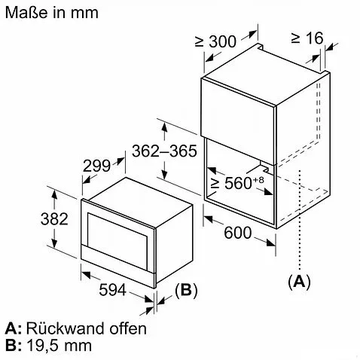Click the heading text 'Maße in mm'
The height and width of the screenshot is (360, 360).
(52, 13)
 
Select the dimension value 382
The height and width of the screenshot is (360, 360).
(54, 219)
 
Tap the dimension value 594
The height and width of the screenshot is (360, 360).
(112, 290)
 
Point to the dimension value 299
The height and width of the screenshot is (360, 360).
(96, 166)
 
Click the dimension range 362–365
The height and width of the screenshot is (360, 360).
(164, 151)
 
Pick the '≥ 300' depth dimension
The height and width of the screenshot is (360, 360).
(215, 41)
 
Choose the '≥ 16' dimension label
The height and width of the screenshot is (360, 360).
(307, 38)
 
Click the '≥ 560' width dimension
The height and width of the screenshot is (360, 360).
(231, 183)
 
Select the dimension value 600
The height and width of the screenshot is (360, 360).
(237, 233)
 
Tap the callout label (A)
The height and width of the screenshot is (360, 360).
(299, 281)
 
